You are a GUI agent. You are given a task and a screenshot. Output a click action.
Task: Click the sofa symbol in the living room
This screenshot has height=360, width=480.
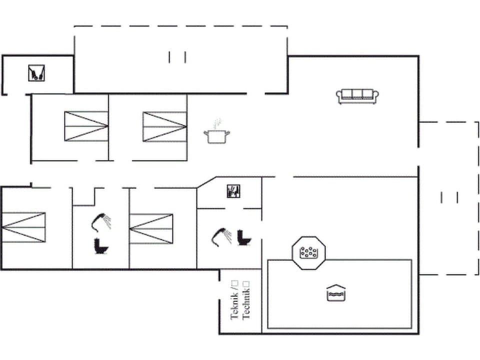357,95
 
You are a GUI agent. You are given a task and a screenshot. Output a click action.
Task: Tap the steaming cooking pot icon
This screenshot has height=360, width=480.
216,133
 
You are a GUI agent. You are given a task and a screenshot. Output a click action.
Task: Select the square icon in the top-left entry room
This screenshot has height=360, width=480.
36,73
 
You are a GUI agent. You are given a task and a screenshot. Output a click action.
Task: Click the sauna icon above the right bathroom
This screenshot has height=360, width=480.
233,191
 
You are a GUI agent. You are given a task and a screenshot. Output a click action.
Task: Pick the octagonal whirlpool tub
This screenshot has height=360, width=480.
309,252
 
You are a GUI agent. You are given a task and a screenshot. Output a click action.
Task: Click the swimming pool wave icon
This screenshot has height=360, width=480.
336,293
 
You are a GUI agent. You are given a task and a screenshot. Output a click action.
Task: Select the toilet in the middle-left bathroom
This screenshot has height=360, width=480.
101,246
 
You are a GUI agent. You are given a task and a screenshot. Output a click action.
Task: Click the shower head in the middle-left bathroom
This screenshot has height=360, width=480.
100,221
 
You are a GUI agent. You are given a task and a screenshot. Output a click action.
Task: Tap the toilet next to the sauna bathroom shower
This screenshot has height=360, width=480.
244,237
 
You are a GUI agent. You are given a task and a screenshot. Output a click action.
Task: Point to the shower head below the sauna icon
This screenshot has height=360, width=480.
220,235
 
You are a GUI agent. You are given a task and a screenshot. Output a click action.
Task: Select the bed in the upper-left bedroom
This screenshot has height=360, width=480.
86,126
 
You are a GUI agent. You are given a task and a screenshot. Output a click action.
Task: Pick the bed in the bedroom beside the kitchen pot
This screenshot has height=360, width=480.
164,126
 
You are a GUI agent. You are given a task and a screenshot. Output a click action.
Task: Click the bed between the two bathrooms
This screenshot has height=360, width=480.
151,228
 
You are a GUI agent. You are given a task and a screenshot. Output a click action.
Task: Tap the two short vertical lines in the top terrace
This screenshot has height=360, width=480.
177,57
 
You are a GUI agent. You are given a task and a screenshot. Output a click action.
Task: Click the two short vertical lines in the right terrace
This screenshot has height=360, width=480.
449,197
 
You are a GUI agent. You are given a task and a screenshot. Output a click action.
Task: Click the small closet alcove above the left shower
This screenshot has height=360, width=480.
83,196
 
